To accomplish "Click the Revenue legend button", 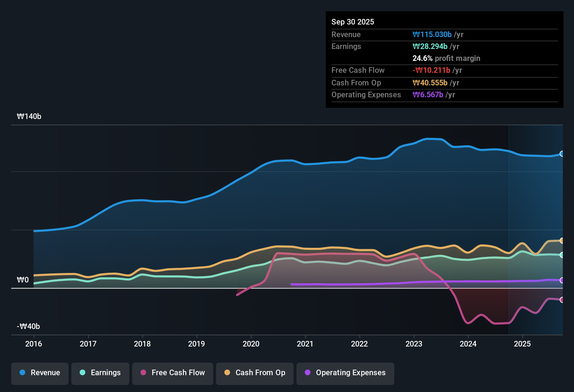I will coord(40,373).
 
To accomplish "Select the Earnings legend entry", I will coord(100,373).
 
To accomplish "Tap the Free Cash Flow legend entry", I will coord(173,373).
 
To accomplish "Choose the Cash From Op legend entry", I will coord(255,373).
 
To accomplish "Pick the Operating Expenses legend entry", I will coord(345,373).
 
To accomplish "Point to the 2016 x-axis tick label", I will coord(34,344).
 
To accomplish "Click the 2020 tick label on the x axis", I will coord(251,344).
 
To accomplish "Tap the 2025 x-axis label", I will coord(522,344).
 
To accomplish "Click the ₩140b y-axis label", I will coord(29,117).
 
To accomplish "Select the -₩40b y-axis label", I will coord(28,327).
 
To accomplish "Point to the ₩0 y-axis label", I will coord(23,280).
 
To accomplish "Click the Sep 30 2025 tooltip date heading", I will coord(353,22).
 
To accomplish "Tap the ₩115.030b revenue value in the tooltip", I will coord(432,35).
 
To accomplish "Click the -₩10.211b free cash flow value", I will coord(431,70).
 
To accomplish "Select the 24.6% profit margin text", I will coord(446,58).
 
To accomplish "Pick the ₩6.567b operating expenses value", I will coord(428,95).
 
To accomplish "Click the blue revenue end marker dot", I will coord(562,154).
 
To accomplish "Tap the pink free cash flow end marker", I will coord(562,300).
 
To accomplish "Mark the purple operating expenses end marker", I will coord(562,280).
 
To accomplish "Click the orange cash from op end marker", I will coord(562,241).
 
